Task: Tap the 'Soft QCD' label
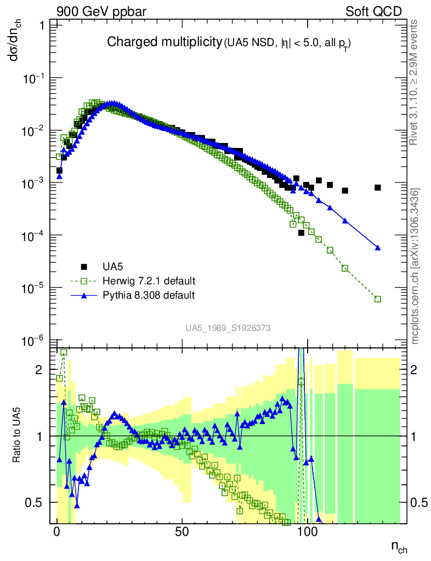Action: pos(373,11)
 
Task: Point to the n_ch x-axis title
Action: pos(399,547)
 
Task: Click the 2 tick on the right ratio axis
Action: pos(419,370)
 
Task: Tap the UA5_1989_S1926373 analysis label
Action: pos(228,328)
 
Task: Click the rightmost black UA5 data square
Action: pos(378,187)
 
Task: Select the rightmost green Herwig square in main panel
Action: pos(378,299)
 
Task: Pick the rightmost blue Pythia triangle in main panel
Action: pos(378,248)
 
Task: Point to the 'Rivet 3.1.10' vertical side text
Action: pos(416,82)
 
